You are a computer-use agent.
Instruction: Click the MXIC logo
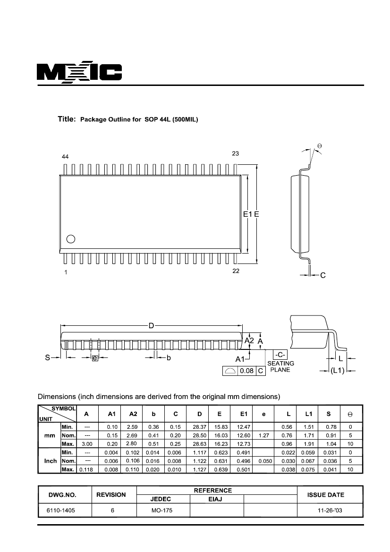[79, 73]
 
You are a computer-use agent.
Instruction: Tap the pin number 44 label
[65, 157]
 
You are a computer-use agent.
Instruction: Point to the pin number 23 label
[236, 153]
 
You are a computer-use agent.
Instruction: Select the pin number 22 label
[236, 271]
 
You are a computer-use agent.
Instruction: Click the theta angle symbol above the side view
[320, 146]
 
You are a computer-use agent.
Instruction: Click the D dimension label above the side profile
[151, 326]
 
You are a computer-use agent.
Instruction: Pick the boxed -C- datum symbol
[280, 355]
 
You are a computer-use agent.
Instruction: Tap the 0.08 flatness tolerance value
[247, 371]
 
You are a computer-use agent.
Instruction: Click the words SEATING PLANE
[280, 366]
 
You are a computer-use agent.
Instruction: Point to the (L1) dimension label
[337, 371]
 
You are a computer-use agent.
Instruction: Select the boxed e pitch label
[95, 358]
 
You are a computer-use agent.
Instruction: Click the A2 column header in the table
[133, 414]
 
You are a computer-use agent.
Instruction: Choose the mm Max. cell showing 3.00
[87, 444]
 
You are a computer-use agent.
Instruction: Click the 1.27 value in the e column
[263, 435]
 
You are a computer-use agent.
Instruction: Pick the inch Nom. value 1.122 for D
[200, 461]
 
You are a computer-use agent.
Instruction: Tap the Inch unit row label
[51, 461]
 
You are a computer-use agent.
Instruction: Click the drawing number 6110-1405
[61, 510]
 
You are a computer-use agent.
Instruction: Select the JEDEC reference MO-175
[162, 510]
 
